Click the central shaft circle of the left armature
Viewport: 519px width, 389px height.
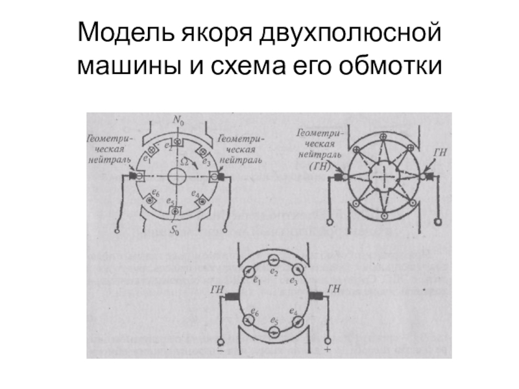click(176, 176)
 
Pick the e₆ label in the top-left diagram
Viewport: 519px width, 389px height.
click(154, 193)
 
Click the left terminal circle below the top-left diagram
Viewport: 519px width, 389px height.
click(118, 229)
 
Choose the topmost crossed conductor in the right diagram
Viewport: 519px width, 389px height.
click(384, 137)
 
